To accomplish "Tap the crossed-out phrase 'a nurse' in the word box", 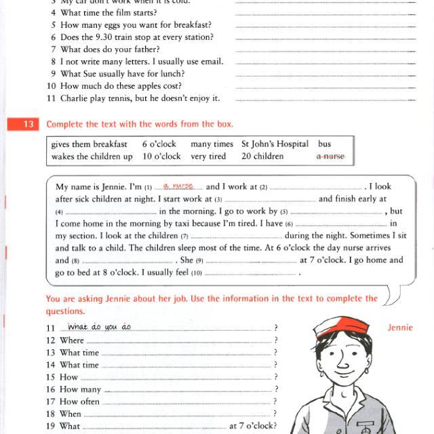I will click(330, 156).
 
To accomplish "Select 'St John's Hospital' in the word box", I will click(275, 144).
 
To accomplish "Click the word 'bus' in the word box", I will click(324, 144).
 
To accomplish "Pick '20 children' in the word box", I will click(262, 156).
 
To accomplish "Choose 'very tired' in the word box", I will click(208, 156).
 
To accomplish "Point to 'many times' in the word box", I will click(212, 144).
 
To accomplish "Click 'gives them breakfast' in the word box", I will click(89, 144).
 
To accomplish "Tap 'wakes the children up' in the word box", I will click(92, 156).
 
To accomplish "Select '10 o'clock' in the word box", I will click(161, 156).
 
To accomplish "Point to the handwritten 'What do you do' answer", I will click(99, 327).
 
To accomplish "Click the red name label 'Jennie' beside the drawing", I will click(400, 328).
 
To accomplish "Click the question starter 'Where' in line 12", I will click(72, 340).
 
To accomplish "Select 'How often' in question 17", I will click(79, 401).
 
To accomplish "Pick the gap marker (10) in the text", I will click(197, 273).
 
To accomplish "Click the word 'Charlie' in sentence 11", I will click(75, 98).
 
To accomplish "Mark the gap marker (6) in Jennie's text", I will click(289, 224).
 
